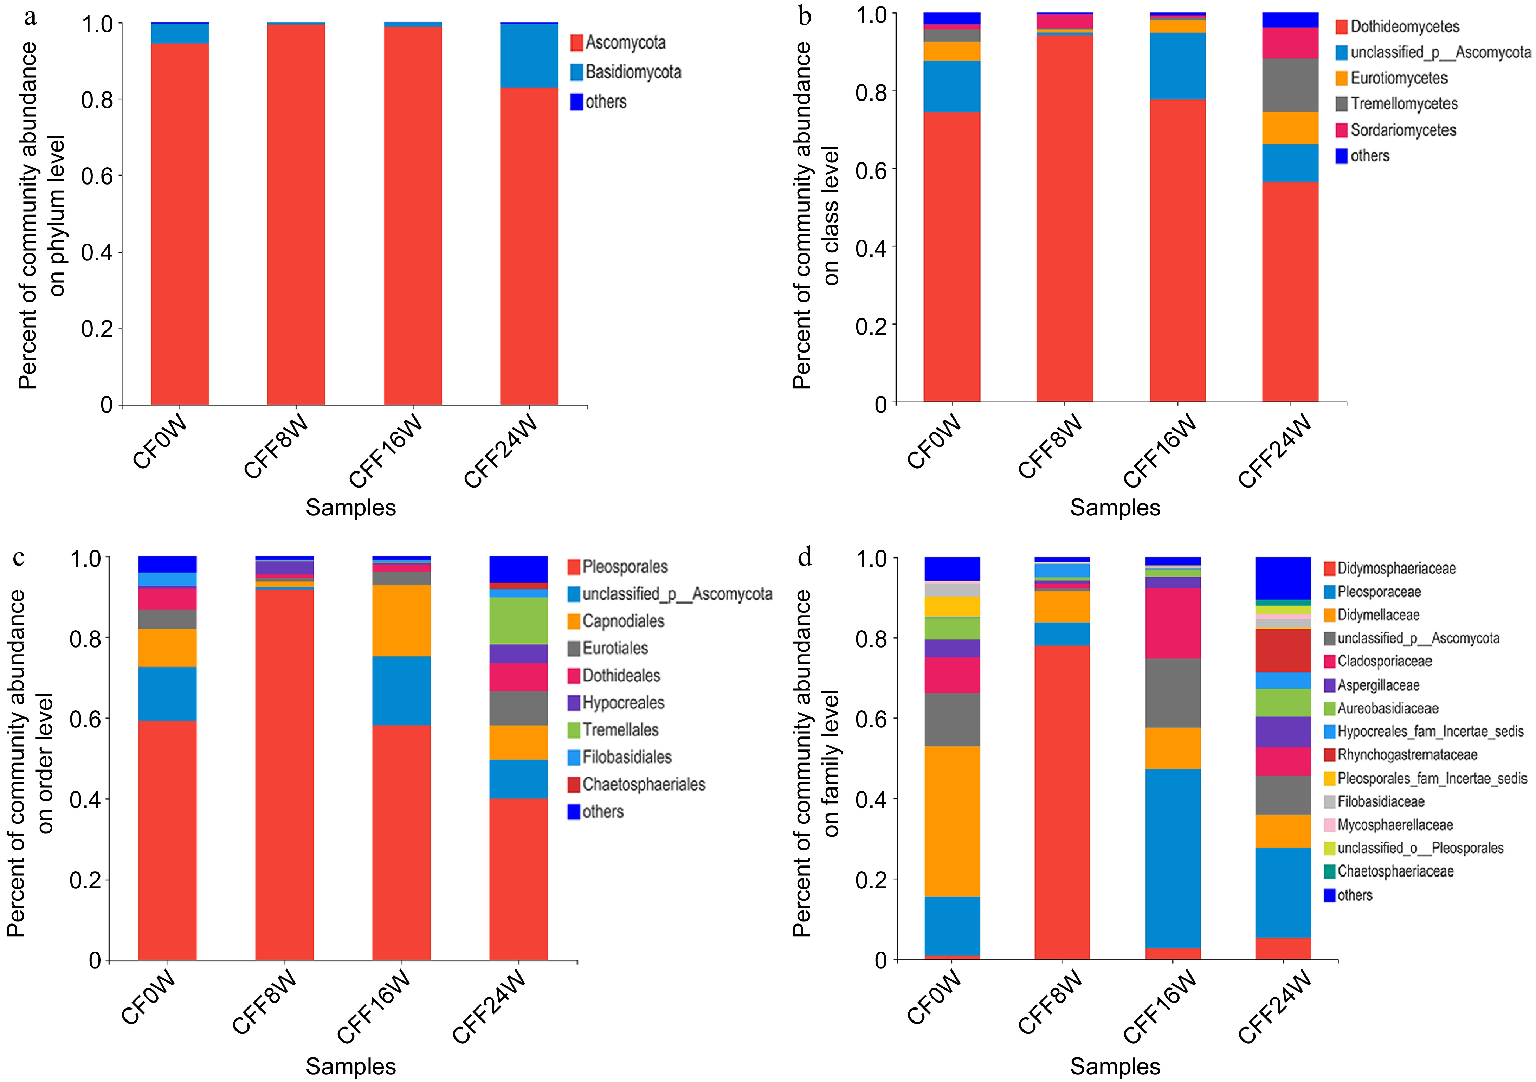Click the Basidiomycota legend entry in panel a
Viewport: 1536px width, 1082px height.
632,72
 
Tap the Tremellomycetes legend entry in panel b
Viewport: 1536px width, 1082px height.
1403,104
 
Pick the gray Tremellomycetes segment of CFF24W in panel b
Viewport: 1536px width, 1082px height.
1290,85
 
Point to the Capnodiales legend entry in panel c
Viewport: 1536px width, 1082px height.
622,621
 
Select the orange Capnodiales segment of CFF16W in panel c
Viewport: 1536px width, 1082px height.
401,620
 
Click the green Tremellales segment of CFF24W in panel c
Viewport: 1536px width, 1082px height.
518,620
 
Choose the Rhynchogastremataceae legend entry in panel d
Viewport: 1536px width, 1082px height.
1406,755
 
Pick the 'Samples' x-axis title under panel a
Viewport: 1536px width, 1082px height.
350,508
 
